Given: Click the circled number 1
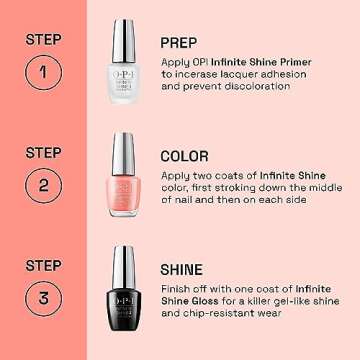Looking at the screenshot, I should [x=41, y=73].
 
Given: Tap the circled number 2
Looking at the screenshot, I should [x=41, y=186].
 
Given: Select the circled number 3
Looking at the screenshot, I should [x=41, y=300].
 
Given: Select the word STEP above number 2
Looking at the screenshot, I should [x=41, y=153].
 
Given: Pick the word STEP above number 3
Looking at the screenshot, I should [x=41, y=267].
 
